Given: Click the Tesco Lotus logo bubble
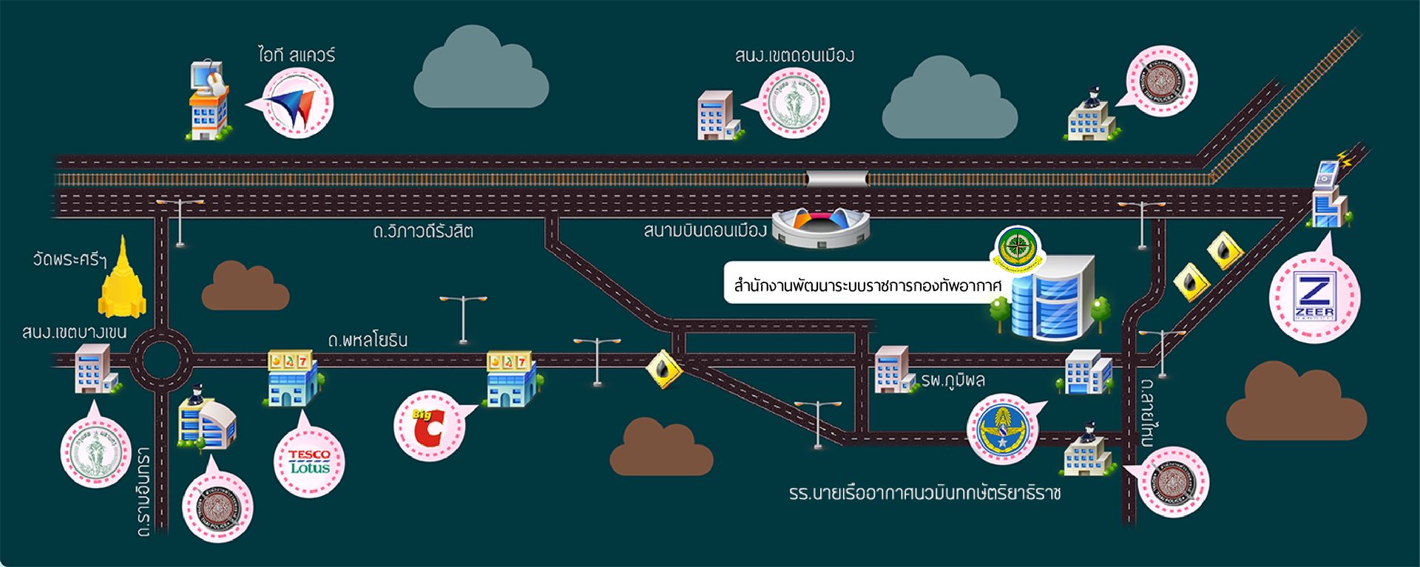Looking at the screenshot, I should click(x=309, y=461).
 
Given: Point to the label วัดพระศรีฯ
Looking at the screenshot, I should click(x=70, y=259).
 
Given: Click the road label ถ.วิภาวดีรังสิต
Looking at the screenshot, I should click(x=422, y=231).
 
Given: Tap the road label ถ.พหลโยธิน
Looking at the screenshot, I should click(x=368, y=340).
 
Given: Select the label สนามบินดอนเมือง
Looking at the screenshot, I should click(x=705, y=231).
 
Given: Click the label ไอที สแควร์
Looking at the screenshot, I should click(x=297, y=55).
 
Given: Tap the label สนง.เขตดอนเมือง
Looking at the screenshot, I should click(x=794, y=55).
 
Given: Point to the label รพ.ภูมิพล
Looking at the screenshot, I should click(x=953, y=381).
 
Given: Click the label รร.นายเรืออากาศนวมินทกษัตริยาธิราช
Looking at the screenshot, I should click(x=924, y=493).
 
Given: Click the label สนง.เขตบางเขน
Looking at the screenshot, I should click(x=74, y=333).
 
